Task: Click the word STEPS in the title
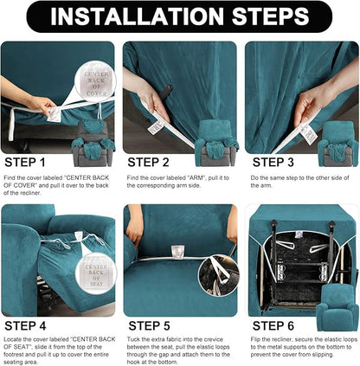pyautogui.click(x=267, y=16)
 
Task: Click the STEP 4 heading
pyautogui.click(x=26, y=327)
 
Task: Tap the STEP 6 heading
pyautogui.click(x=273, y=327)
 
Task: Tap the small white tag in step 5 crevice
pyautogui.click(x=177, y=251)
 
